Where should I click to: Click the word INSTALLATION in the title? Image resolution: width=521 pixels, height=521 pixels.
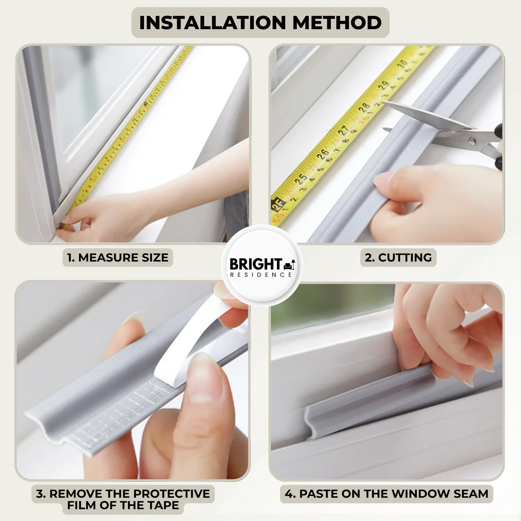pos(212,23)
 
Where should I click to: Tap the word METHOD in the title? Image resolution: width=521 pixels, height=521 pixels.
pos(337,23)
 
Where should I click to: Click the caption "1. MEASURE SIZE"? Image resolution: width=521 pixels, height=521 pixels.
pos(118,258)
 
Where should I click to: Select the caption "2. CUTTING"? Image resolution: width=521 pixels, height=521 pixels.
pos(398,258)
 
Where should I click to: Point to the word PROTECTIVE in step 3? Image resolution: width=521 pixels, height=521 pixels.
pos(172,494)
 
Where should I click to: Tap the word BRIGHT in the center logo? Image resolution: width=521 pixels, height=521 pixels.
pos(256,264)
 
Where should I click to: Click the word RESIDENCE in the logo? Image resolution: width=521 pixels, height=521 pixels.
pos(261,275)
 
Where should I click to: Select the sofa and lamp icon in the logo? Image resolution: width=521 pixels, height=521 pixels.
pos(290,265)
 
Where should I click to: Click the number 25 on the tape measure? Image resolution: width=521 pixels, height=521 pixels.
pos(301,179)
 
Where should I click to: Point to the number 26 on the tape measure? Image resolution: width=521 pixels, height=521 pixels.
pos(322,154)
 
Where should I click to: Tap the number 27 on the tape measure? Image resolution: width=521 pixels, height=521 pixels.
pos(343,130)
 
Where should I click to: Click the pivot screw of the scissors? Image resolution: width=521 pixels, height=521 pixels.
pos(472,141)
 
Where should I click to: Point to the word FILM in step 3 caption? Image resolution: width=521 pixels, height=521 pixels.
pos(82,505)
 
